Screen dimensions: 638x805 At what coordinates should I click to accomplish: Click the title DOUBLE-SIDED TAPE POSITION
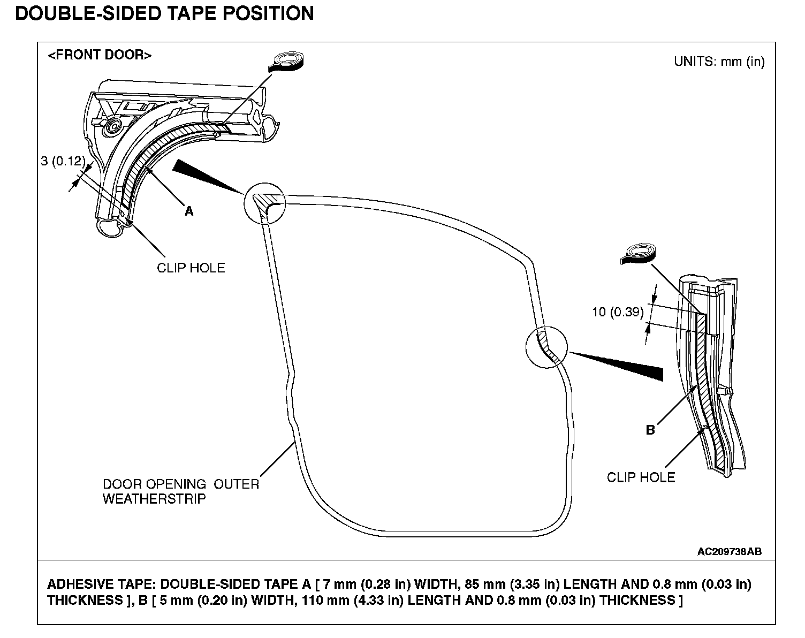point(164,13)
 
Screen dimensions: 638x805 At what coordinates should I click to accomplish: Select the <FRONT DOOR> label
point(100,55)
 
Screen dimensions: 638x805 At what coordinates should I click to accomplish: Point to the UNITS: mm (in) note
point(719,62)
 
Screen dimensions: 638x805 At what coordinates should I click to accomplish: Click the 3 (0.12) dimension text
point(63,161)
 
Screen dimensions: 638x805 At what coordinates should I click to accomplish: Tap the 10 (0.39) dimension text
point(618,312)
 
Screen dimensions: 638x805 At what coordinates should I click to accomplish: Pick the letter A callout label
point(189,211)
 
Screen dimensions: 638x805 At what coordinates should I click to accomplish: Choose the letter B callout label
point(650,430)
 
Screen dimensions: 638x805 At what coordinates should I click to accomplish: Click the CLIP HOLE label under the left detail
point(191,268)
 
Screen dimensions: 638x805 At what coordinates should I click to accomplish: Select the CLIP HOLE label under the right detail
point(641,477)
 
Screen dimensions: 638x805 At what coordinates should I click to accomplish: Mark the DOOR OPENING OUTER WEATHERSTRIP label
point(180,491)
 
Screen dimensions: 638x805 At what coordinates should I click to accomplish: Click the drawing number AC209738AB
point(729,551)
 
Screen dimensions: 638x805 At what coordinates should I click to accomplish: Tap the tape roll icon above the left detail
point(287,61)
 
